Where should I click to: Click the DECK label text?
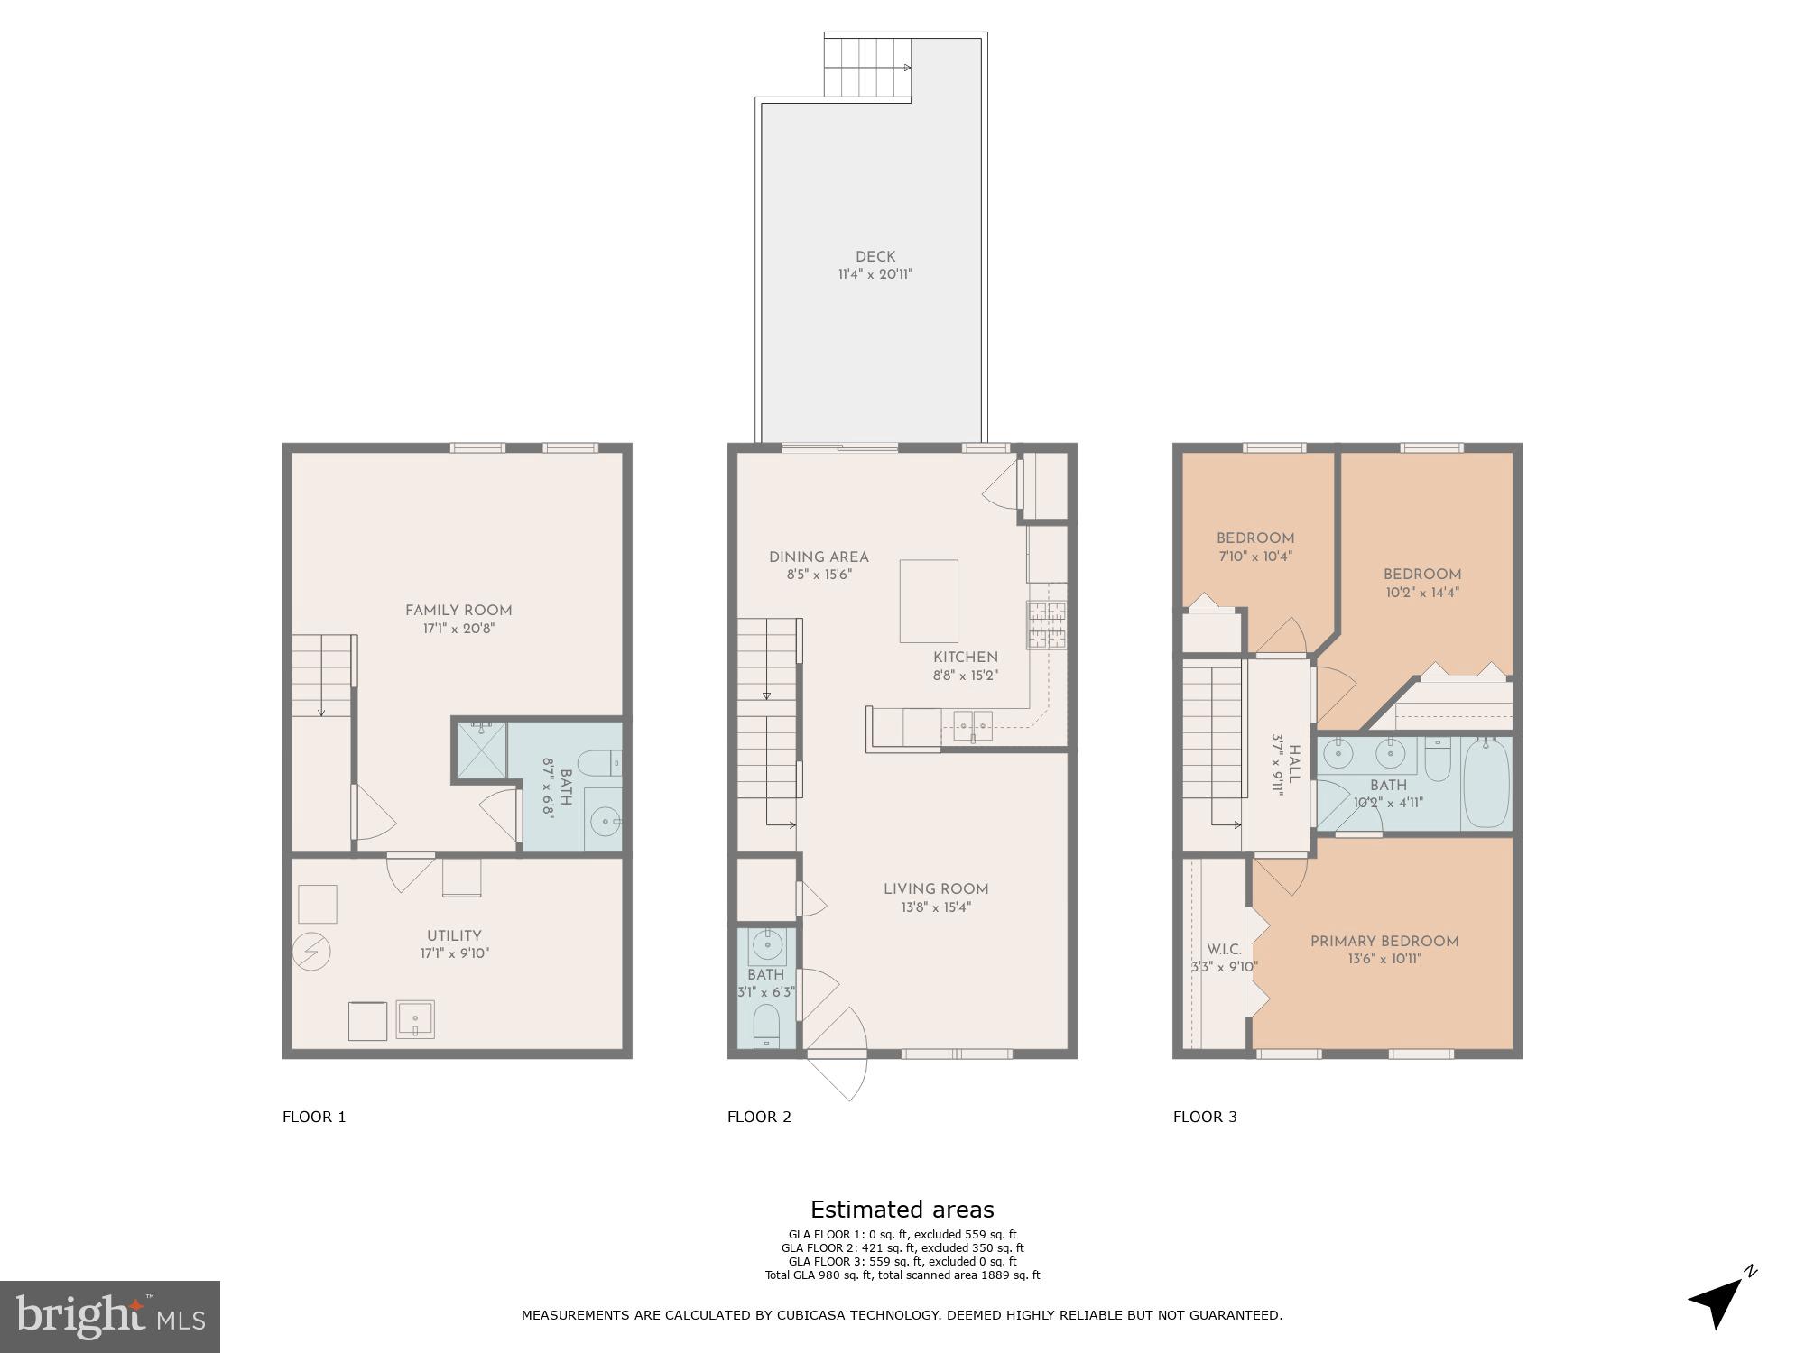click(x=875, y=257)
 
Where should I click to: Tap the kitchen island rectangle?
click(x=929, y=601)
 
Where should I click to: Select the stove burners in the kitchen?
click(x=1046, y=626)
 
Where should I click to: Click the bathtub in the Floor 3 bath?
click(x=1486, y=783)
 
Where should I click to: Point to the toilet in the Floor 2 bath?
click(x=766, y=1026)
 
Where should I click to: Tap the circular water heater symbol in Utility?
click(x=312, y=953)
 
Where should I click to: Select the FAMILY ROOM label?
click(x=458, y=611)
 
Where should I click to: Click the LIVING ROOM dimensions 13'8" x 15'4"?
click(x=936, y=907)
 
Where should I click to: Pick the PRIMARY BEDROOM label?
click(x=1384, y=942)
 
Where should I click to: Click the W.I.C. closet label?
click(x=1224, y=950)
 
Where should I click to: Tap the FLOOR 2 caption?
click(x=759, y=1117)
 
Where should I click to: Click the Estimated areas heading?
click(x=902, y=1210)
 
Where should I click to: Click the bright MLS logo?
click(x=109, y=1316)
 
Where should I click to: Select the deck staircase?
click(x=866, y=68)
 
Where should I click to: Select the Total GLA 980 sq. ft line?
click(x=902, y=1275)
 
